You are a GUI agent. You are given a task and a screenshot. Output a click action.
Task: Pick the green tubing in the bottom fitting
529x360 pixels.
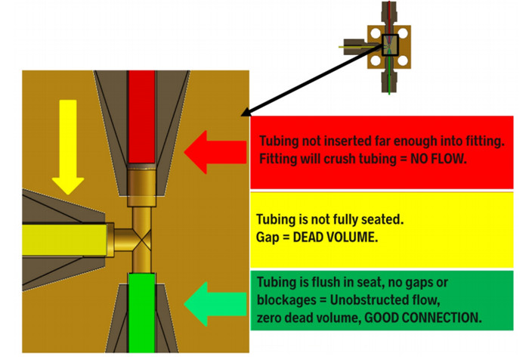pyautogui.click(x=142, y=310)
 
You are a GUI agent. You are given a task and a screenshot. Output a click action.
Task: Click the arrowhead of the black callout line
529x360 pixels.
pyautogui.click(x=243, y=113)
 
